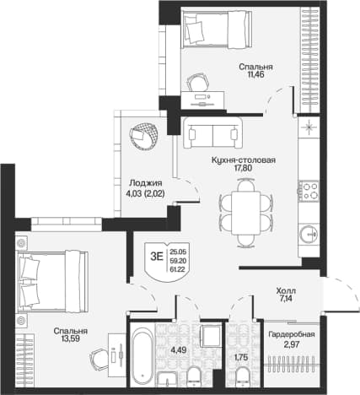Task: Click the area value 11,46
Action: pyautogui.click(x=255, y=74)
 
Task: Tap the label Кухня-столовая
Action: pyautogui.click(x=244, y=160)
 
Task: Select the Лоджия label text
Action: pyautogui.click(x=146, y=183)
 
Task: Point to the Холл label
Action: pyautogui.click(x=286, y=290)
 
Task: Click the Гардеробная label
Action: pyautogui.click(x=292, y=334)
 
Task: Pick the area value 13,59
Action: pyautogui.click(x=71, y=339)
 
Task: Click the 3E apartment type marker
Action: pyautogui.click(x=157, y=257)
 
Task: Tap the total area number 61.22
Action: pyautogui.click(x=178, y=269)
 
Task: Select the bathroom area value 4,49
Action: pyautogui.click(x=179, y=350)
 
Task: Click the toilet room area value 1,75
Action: pyautogui.click(x=241, y=357)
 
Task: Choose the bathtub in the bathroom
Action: pyautogui.click(x=142, y=354)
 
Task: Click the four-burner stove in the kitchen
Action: pyautogui.click(x=309, y=191)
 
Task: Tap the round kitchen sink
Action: pyautogui.click(x=309, y=234)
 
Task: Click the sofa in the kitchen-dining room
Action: pyautogui.click(x=212, y=133)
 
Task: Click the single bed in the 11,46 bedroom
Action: pyautogui.click(x=216, y=29)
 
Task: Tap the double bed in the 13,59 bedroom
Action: pyautogui.click(x=52, y=281)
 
